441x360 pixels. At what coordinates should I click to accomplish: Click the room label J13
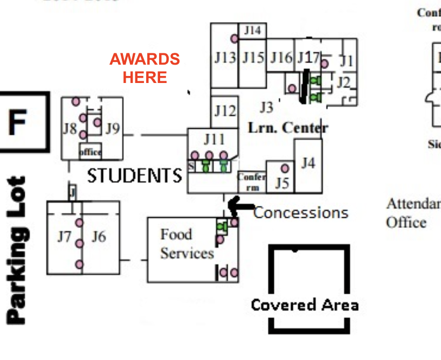click(225, 58)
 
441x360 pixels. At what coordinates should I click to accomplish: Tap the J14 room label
click(252, 30)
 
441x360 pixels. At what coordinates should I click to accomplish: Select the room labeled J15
click(252, 57)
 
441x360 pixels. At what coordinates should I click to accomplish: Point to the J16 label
click(281, 57)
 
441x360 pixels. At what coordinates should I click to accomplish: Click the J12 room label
click(225, 111)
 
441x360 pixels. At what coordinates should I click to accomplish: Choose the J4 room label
click(308, 162)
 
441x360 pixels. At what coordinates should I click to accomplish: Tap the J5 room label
click(282, 183)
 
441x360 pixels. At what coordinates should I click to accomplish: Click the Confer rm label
click(251, 182)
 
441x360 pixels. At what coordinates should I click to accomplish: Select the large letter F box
click(18, 122)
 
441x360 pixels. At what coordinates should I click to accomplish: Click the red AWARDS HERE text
click(144, 68)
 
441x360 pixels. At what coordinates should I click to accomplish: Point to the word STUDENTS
click(135, 176)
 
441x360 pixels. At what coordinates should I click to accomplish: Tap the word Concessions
click(301, 212)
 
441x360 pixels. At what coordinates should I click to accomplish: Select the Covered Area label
click(305, 305)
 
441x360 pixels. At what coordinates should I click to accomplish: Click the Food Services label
click(187, 244)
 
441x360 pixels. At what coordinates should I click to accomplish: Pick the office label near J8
click(90, 152)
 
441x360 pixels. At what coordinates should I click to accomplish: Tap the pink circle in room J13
click(235, 39)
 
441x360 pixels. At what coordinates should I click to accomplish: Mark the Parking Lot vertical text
click(18, 250)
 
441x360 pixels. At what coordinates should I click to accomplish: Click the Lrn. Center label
click(287, 128)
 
